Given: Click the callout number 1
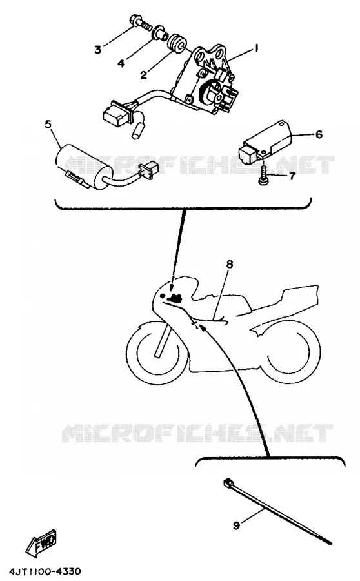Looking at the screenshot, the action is tap(255, 48).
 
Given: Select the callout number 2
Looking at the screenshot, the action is tap(143, 74).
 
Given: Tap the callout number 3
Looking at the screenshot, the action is tap(98, 49).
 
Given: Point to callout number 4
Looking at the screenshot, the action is tap(121, 63).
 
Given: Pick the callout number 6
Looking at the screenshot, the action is tap(319, 134).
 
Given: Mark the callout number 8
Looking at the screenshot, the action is tap(229, 264).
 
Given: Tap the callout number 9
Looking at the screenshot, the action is tap(236, 525).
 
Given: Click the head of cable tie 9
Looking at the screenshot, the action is tap(228, 483).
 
